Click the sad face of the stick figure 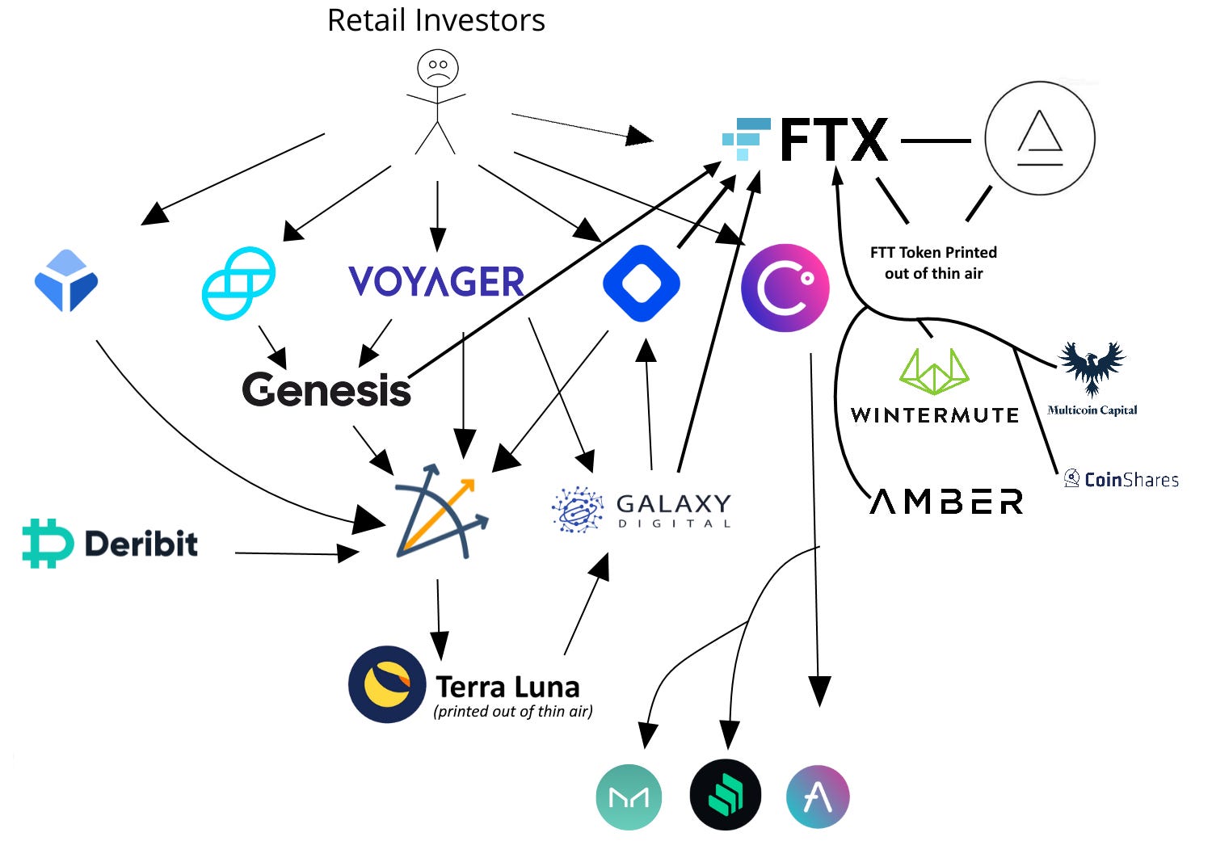437,69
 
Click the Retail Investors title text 436,20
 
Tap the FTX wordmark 834,141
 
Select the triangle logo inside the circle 1040,138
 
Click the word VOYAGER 436,282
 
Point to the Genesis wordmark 326,389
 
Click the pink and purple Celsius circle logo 785,288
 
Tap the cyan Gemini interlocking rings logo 238,283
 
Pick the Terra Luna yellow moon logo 387,684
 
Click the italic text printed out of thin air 513,712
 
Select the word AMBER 947,502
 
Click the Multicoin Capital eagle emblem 1092,368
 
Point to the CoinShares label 1122,479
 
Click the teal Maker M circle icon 629,797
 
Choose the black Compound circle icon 726,796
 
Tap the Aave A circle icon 818,797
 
